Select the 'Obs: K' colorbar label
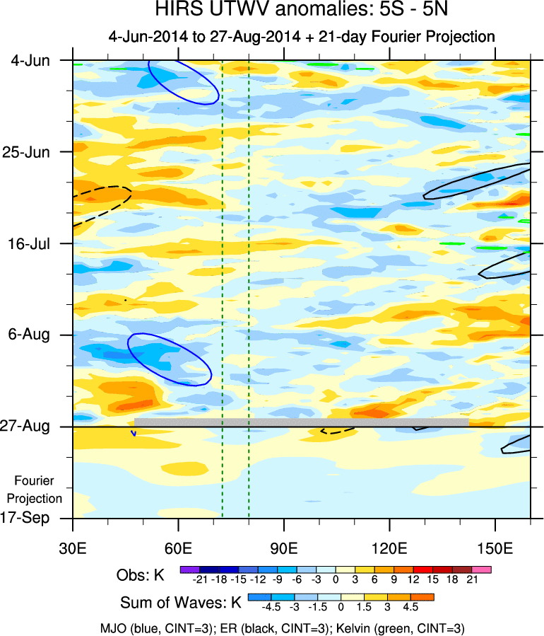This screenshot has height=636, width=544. tap(140, 575)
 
